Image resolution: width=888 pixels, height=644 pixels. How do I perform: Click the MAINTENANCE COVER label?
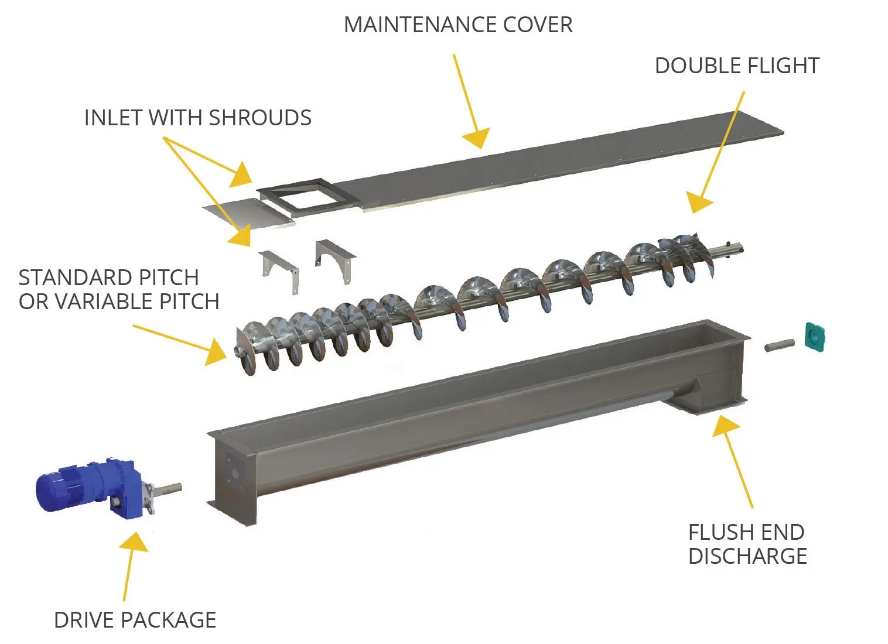[x=457, y=25]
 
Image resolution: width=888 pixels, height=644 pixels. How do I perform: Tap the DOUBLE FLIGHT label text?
[x=736, y=66]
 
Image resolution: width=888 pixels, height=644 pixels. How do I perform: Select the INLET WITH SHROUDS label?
[x=197, y=118]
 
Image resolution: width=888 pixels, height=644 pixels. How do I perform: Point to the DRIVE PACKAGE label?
[x=135, y=619]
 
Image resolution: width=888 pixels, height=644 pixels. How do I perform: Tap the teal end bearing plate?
[x=814, y=337]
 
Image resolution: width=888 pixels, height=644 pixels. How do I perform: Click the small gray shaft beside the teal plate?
[x=780, y=345]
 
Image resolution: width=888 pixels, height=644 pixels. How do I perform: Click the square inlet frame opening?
[x=302, y=196]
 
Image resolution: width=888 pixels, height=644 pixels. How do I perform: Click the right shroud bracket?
[x=335, y=258]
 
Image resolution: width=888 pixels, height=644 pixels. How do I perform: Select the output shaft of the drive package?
[x=168, y=488]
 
